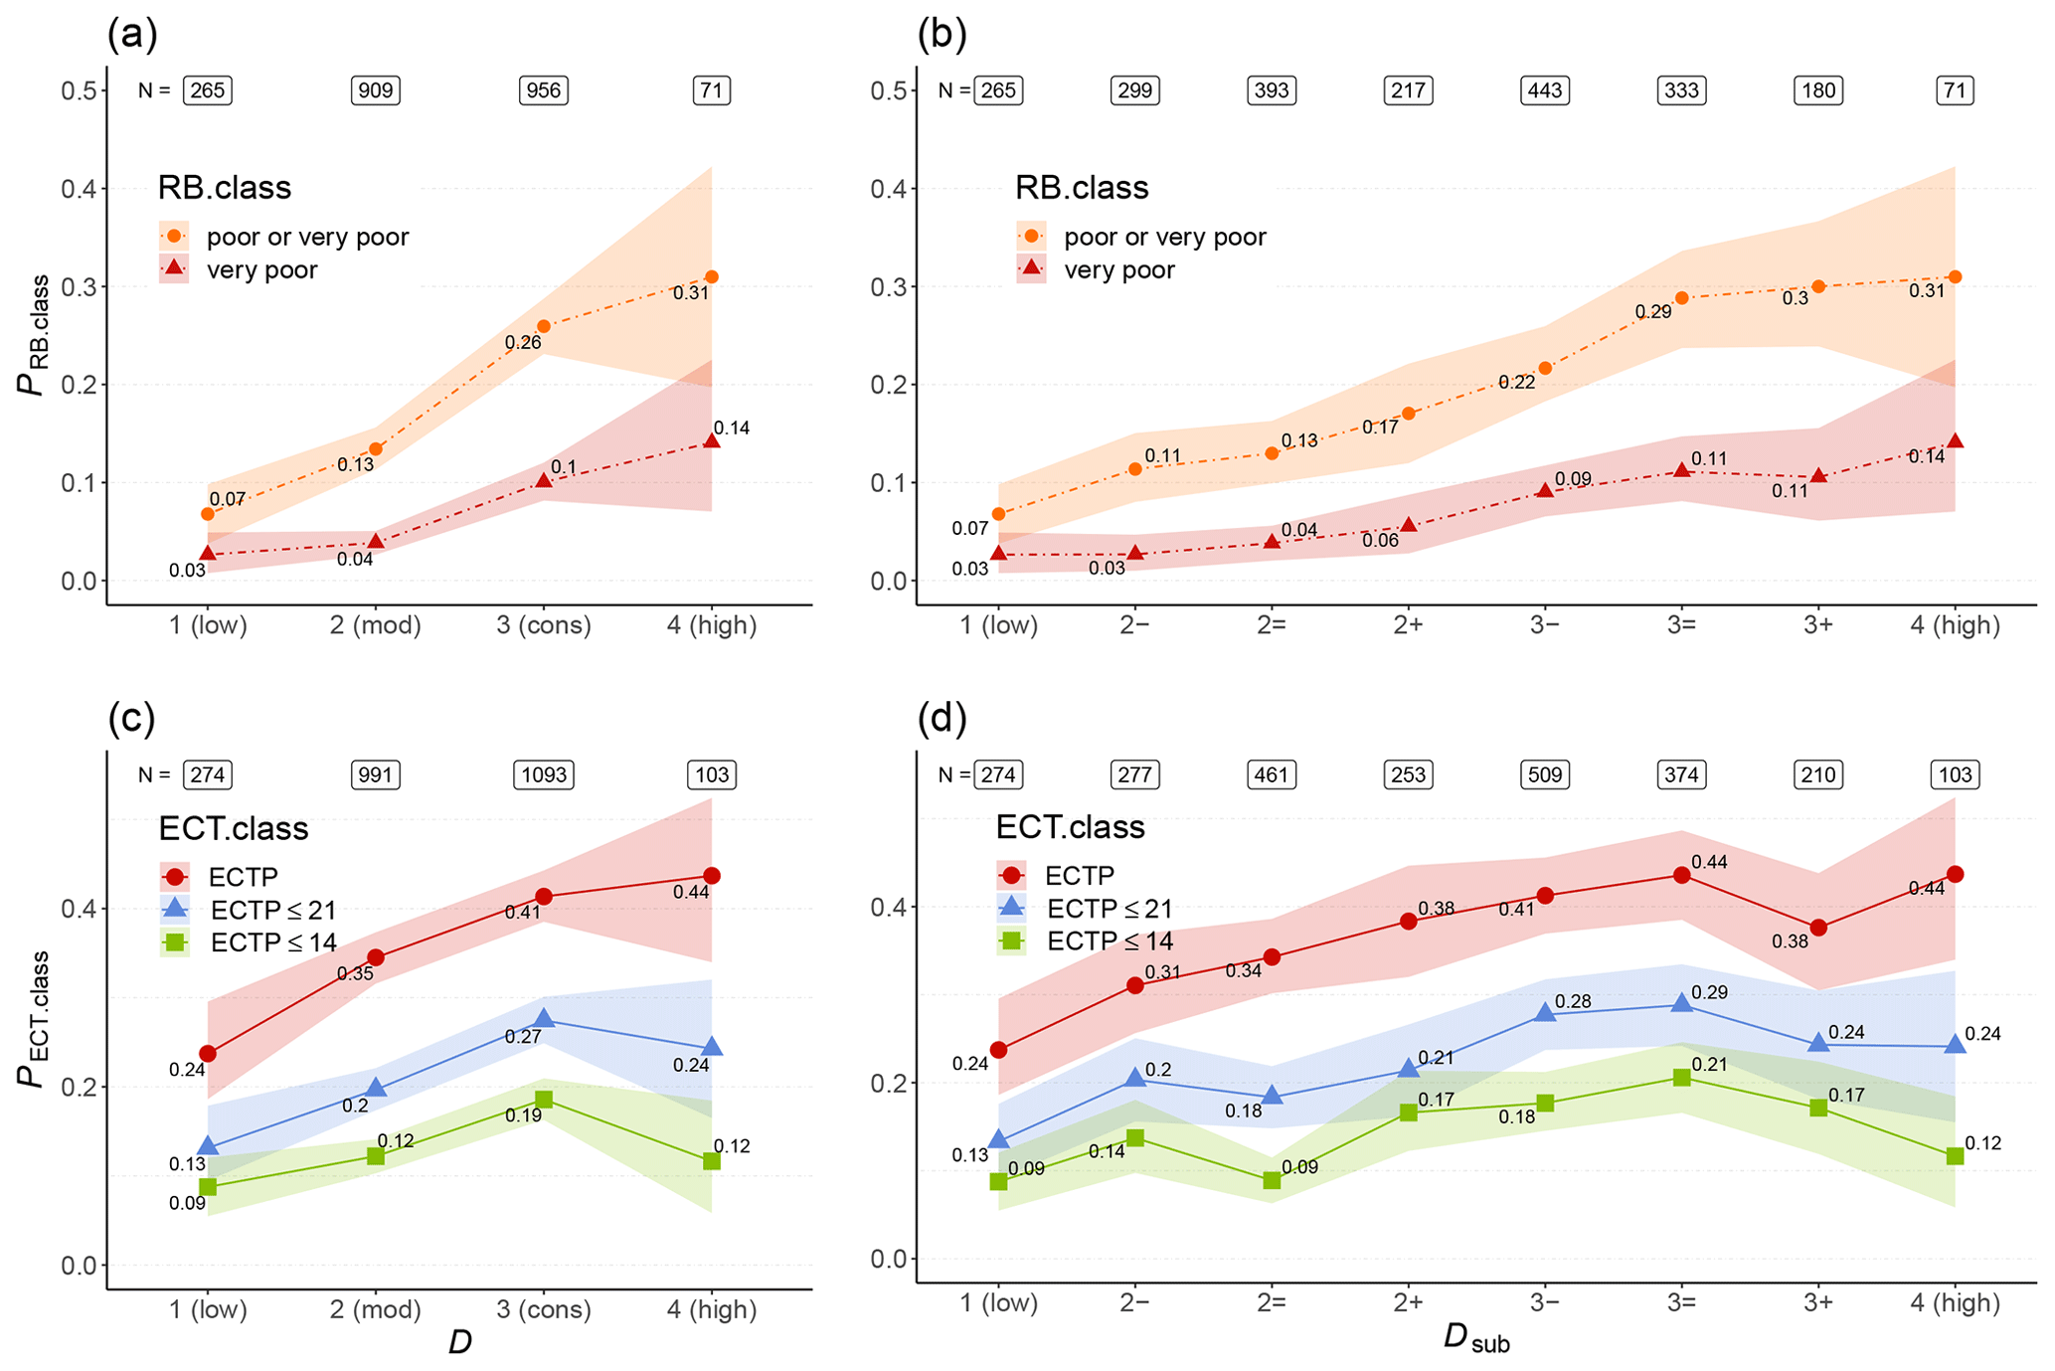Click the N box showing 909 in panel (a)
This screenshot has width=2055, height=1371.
(375, 90)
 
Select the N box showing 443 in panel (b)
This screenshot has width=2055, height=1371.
(1544, 90)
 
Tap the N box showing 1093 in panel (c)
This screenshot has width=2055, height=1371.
(543, 774)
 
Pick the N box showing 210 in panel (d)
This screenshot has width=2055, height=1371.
(1817, 774)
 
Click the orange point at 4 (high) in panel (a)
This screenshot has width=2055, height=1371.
(711, 277)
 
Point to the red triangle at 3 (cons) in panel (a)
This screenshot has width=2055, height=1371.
(543, 480)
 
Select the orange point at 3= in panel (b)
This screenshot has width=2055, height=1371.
(1681, 298)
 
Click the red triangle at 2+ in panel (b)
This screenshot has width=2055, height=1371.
(1408, 525)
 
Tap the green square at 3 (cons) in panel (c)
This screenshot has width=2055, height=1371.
(543, 1100)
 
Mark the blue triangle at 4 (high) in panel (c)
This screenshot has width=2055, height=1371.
(711, 1047)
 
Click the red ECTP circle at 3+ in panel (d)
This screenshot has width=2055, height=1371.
(1817, 928)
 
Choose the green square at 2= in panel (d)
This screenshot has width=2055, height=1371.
(1271, 1180)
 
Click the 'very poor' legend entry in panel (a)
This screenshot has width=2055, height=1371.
(261, 270)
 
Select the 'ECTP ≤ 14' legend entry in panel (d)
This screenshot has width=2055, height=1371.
(1110, 942)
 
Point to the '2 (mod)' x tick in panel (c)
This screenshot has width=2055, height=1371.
(375, 1310)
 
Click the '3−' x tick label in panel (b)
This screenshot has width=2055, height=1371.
(1544, 625)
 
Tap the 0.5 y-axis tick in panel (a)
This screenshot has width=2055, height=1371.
(79, 90)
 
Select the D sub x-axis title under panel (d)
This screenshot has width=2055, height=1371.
(1475, 1341)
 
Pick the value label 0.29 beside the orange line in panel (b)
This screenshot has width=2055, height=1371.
(1652, 312)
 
